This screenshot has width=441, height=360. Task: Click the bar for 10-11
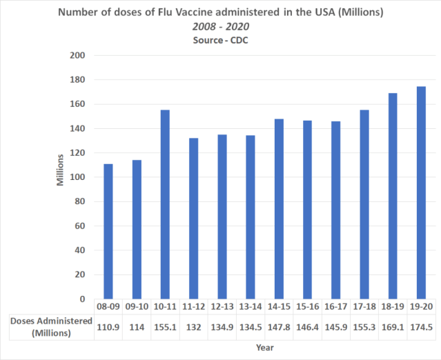[165, 204]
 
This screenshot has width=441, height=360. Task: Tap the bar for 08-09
[108, 231]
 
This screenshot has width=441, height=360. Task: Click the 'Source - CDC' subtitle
[221, 39]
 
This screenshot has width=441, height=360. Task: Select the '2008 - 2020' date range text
[221, 26]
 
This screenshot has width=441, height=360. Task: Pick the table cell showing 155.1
[165, 326]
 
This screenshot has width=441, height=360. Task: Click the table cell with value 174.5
[421, 326]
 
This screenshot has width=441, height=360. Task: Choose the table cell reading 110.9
[108, 326]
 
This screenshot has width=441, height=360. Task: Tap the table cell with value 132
[193, 326]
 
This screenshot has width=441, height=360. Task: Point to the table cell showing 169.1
[393, 326]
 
